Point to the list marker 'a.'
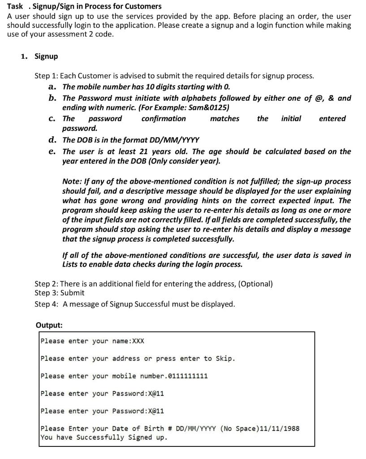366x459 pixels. coord(52,87)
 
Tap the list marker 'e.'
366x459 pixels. coord(52,152)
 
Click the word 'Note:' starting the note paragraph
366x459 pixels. coord(72,182)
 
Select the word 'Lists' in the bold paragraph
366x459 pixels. coord(72,264)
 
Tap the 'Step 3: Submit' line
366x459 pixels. coord(60,293)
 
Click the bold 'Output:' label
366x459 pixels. coord(49,325)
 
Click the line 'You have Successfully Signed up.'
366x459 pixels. coord(103,437)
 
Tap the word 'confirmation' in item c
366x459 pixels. coord(164,119)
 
